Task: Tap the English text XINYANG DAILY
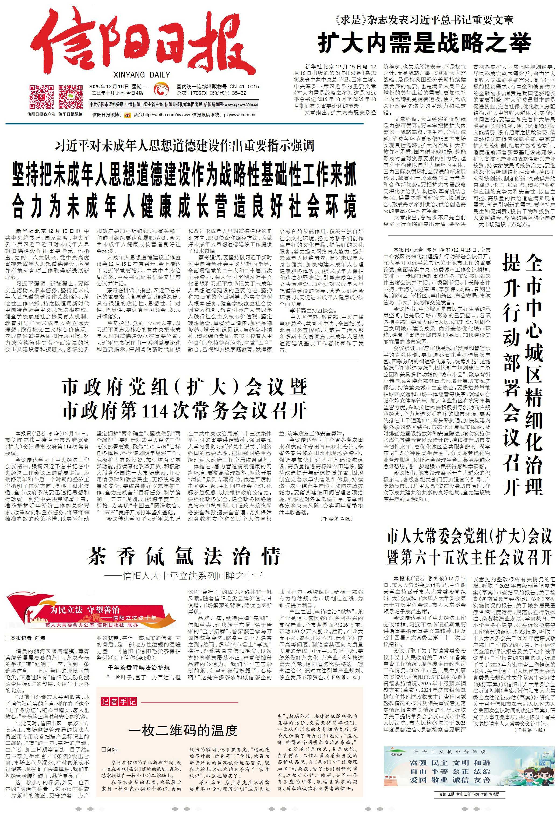coord(142,75)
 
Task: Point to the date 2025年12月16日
coord(106,87)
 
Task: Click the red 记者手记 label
coord(118,701)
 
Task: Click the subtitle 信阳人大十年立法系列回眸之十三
coord(184,576)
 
